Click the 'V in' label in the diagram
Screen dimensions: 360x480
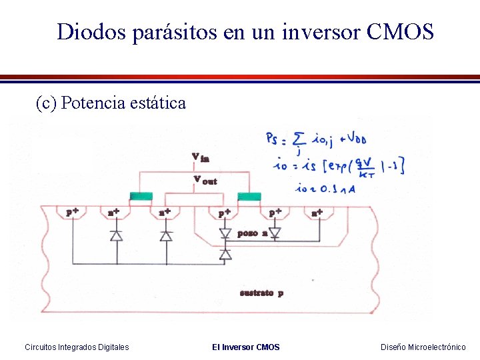200,157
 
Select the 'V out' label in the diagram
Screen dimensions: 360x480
205,179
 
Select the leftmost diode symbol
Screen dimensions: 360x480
116,235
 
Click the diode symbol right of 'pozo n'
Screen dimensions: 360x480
274,232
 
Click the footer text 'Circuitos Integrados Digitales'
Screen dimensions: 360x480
77,347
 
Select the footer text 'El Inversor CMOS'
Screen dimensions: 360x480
246,347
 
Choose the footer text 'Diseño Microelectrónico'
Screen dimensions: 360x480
423,347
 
